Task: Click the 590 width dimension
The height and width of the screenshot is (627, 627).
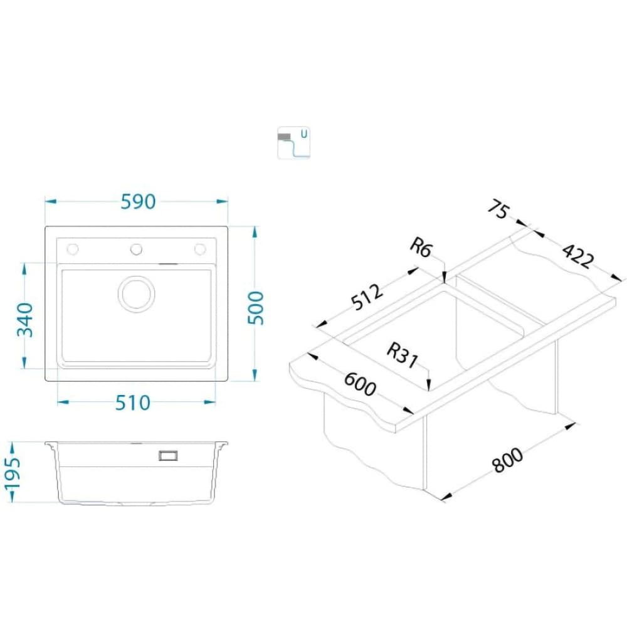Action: [x=137, y=202]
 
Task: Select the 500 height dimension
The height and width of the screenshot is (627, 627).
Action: [x=256, y=307]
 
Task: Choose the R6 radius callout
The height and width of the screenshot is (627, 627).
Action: [x=421, y=248]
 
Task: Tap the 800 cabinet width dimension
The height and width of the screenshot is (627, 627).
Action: [x=507, y=461]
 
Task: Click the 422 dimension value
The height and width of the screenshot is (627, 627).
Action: [x=576, y=256]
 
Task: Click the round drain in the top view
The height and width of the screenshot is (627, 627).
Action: [x=136, y=293]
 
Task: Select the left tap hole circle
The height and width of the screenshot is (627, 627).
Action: [x=73, y=250]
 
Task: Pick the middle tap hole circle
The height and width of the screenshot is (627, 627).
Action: [x=136, y=250]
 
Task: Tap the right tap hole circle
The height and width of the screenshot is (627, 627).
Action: [x=200, y=250]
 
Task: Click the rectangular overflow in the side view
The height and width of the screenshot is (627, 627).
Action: [x=169, y=455]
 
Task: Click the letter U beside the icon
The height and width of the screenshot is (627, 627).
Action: [x=304, y=134]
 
